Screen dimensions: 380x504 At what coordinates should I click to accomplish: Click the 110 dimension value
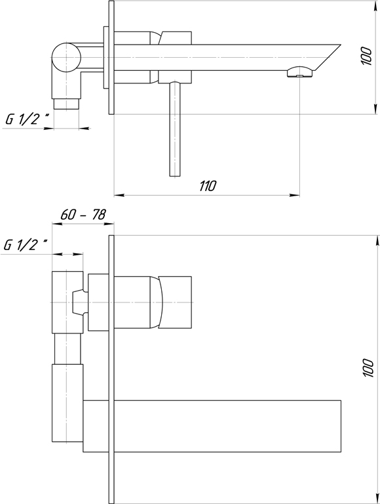(208, 186)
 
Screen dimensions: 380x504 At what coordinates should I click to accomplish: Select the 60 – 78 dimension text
(83, 215)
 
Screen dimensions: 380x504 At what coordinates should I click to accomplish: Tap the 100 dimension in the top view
(366, 56)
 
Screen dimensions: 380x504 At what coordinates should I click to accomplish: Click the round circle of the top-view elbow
(66, 57)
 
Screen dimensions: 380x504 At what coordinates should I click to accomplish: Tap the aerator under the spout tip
(300, 72)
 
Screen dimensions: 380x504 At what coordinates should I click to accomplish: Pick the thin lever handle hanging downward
(175, 129)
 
